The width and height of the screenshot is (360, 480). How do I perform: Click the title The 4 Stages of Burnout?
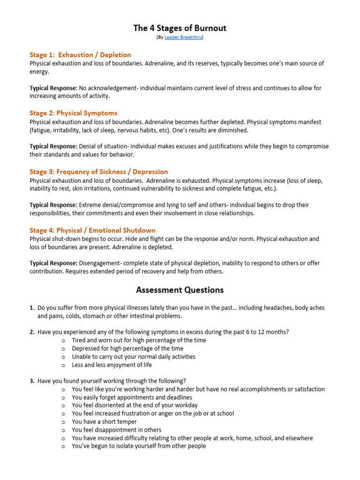(180, 28)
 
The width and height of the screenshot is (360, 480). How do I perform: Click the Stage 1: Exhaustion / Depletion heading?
(80, 55)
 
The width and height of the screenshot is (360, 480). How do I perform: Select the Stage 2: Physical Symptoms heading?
(73, 113)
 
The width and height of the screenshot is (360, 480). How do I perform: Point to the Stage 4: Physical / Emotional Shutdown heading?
(92, 230)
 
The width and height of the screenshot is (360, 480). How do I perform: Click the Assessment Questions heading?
(180, 290)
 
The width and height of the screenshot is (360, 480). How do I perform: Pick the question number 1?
(32, 308)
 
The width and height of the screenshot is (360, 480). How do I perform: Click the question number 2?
(32, 332)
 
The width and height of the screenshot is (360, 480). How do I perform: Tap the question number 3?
(32, 381)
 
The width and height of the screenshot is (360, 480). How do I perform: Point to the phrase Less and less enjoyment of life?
(112, 365)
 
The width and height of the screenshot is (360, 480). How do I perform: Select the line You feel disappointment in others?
(116, 430)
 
